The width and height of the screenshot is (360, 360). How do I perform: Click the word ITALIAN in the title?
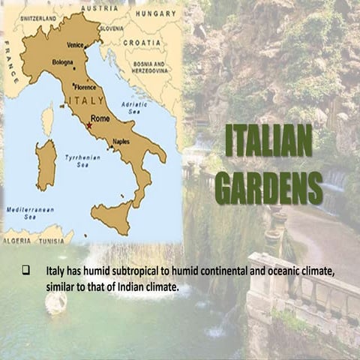point(268,140)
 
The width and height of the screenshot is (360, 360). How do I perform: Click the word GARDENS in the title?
point(268,187)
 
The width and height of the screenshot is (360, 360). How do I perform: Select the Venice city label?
point(76,44)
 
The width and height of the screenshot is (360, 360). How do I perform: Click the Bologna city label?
point(62,62)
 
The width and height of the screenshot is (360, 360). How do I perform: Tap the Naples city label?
point(121,141)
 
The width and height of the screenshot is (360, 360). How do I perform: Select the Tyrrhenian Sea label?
point(76,160)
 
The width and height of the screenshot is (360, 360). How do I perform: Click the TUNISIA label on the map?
point(53,241)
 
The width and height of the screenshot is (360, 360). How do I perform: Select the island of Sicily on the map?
point(111,217)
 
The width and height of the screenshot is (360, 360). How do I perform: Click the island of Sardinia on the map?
point(46,164)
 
